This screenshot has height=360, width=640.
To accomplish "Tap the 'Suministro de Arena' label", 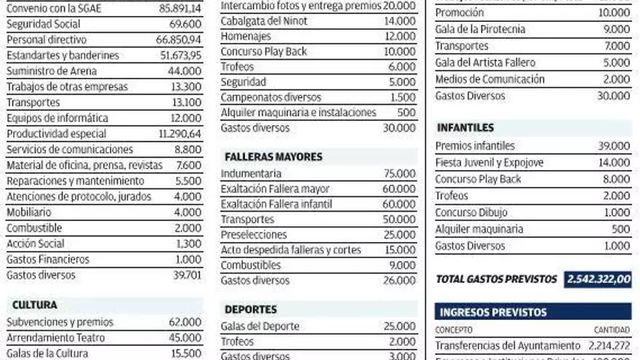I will pos(52,71).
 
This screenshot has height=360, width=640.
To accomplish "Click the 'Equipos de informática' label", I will pos(57,118).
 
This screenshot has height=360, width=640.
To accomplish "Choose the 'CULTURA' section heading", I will pos(34,305).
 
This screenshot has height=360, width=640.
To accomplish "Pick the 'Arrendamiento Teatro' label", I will pos(55,337).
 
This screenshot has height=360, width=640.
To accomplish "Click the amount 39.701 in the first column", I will pos(187,275).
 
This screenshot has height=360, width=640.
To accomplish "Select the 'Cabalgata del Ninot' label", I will pos(264,20).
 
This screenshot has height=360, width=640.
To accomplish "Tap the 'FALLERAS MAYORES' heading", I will pos(273,156).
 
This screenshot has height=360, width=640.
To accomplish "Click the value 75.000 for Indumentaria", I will pos(399,174).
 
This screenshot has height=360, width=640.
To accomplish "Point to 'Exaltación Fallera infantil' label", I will pos(276,204).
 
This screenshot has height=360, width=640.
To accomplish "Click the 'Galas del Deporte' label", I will pos(260,326).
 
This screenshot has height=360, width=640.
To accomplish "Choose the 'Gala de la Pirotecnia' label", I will pos(480,29).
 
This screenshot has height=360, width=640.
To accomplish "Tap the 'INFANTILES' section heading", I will pos(465,128).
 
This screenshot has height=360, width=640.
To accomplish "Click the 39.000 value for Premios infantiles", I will pos(614,146).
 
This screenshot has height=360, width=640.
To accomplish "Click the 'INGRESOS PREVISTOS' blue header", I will pos(492,312).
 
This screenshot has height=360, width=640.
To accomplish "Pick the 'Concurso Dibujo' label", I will pos(471,213).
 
